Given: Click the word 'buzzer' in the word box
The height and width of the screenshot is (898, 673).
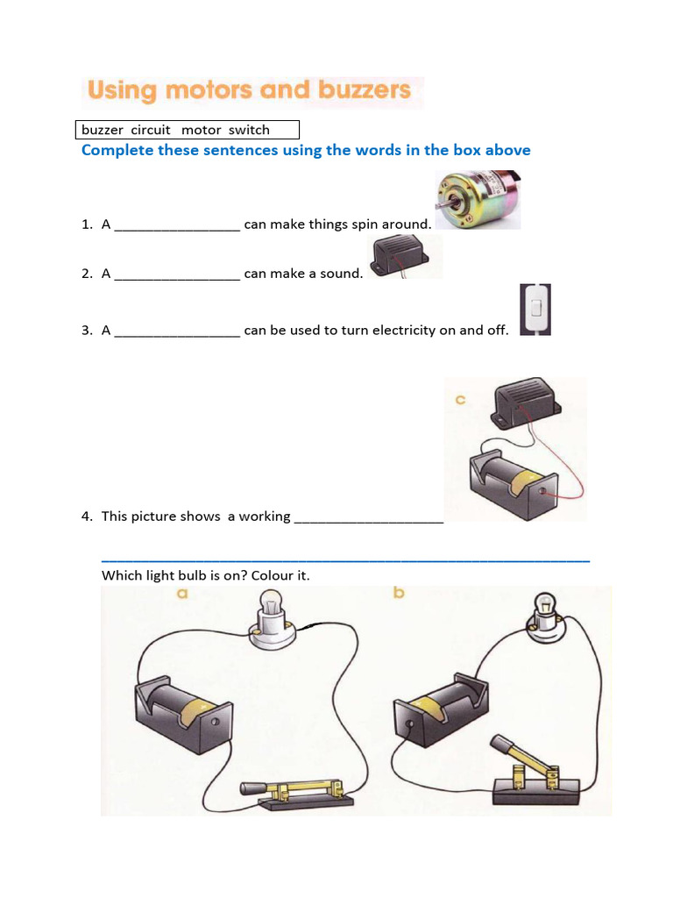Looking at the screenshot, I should pyautogui.click(x=103, y=130).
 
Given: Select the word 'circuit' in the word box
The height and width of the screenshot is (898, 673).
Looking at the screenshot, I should pyautogui.click(x=150, y=130).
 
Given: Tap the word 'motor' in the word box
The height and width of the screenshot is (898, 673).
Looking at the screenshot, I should pyautogui.click(x=201, y=130).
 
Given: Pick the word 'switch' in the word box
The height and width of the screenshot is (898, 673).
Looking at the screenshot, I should pyautogui.click(x=249, y=130).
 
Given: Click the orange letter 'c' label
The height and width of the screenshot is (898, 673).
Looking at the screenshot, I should pyautogui.click(x=459, y=401).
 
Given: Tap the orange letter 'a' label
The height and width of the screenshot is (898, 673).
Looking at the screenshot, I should pyautogui.click(x=182, y=594).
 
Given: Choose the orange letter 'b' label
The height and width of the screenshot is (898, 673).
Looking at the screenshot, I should pyautogui.click(x=399, y=594).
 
